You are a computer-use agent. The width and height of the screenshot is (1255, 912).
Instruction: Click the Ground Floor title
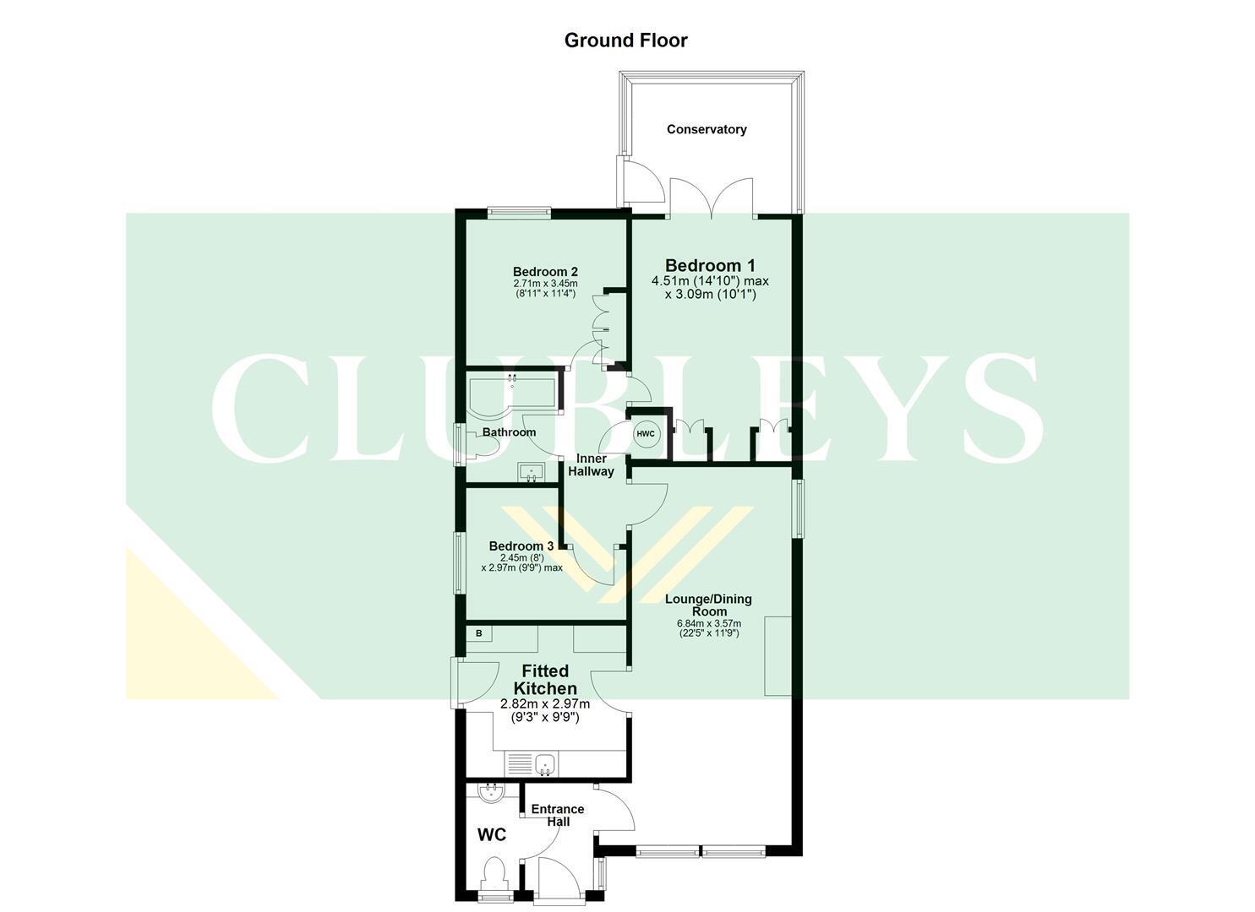(626, 41)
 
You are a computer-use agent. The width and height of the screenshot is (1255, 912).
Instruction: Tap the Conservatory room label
(707, 129)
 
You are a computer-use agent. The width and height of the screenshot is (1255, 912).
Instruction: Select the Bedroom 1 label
(710, 265)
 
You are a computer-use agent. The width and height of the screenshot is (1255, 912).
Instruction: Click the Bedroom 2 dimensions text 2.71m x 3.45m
(544, 283)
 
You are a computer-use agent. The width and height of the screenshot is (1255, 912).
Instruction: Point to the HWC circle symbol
(646, 434)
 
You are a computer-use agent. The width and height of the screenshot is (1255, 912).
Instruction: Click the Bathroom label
(509, 432)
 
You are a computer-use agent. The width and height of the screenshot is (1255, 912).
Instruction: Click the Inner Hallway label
(591, 464)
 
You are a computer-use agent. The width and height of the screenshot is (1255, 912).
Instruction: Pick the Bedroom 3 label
(521, 546)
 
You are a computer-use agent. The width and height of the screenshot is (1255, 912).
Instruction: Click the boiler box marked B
(479, 633)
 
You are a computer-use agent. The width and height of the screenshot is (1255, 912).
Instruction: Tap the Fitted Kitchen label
(545, 680)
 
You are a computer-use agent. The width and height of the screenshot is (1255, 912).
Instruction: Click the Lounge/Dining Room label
(709, 605)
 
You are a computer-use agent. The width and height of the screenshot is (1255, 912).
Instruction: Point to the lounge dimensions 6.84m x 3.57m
(709, 624)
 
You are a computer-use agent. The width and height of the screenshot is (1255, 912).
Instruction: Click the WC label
(491, 835)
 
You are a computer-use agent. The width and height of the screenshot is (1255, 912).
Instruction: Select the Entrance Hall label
(558, 815)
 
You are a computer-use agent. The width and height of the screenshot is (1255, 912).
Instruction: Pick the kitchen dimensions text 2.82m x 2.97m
(545, 704)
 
